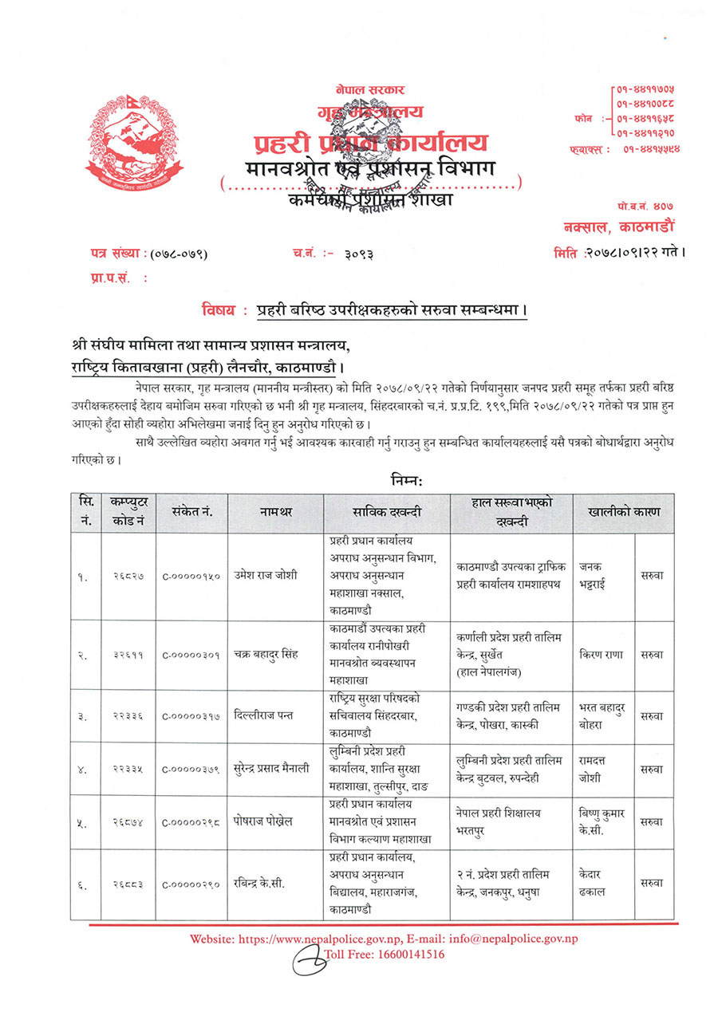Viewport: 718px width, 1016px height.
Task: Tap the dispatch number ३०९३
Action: tap(359, 254)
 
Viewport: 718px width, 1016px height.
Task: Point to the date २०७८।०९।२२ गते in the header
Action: tap(634, 254)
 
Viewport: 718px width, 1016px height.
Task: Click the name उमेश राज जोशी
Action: tap(266, 577)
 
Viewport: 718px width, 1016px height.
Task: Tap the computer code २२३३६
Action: tap(128, 715)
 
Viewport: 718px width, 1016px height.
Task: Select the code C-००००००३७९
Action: tap(191, 770)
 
